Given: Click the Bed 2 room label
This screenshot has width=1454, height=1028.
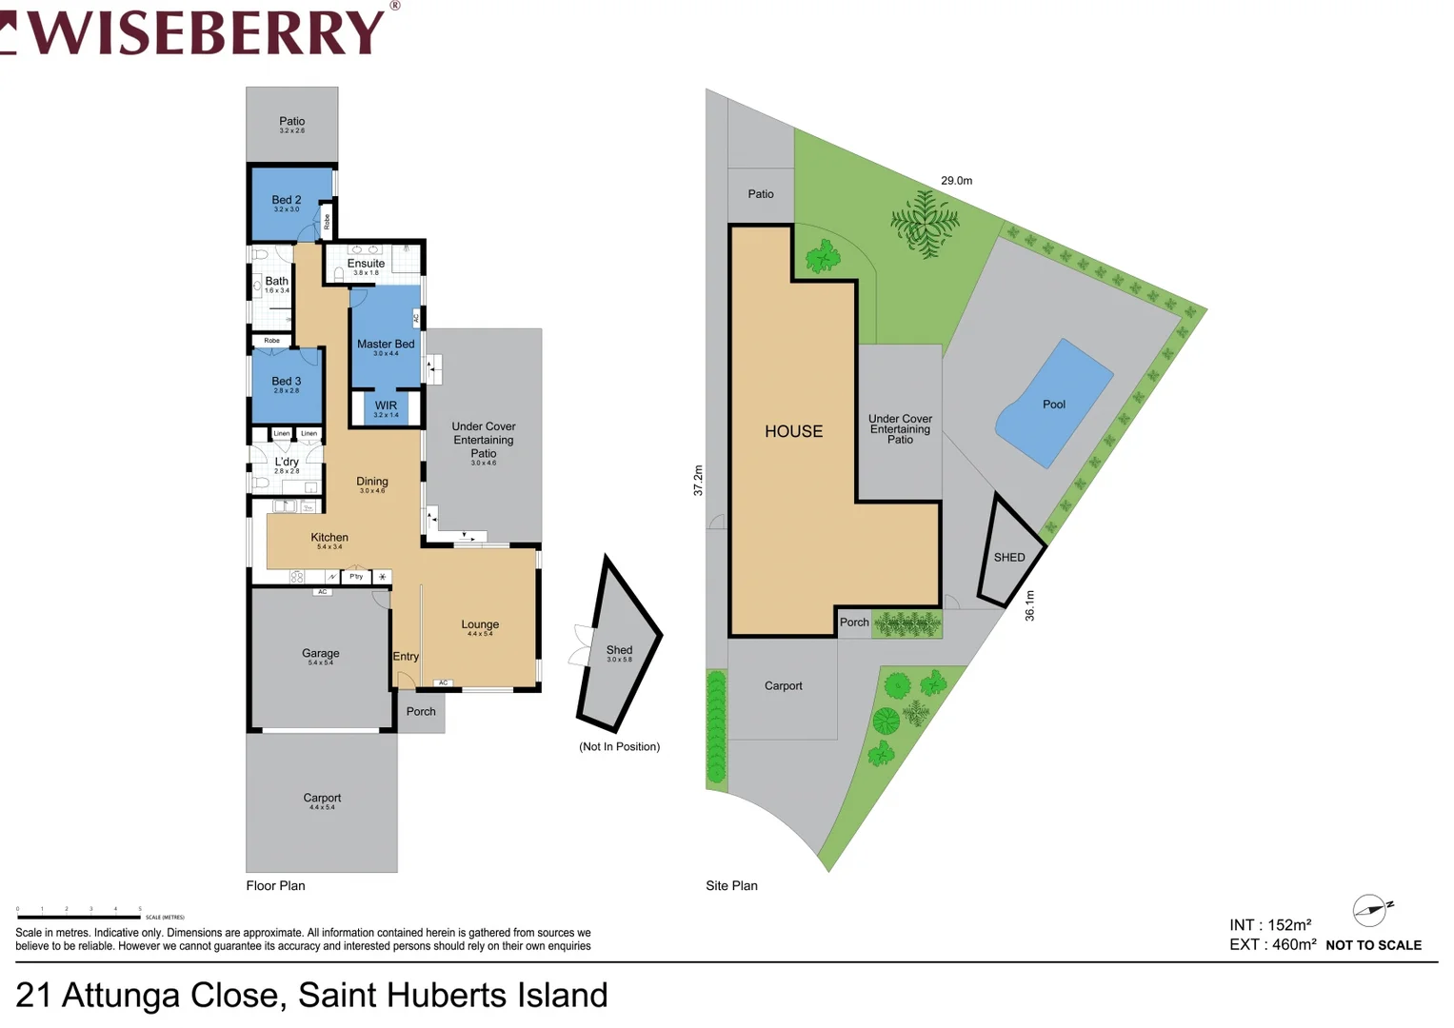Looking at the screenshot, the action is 286,200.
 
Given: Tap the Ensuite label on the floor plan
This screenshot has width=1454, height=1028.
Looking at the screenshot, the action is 366,264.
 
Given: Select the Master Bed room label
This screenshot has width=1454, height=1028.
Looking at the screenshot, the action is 386,344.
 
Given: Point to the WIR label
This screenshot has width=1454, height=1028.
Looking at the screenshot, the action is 386,405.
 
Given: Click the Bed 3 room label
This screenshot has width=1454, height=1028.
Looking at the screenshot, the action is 286,381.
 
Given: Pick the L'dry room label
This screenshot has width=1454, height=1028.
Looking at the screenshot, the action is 287,462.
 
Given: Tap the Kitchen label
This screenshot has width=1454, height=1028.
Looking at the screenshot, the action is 329,538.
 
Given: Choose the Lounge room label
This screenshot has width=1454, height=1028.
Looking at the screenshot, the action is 480,624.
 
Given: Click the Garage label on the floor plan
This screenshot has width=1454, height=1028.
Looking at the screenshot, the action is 321,653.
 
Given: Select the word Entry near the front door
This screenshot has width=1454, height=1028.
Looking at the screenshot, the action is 406,657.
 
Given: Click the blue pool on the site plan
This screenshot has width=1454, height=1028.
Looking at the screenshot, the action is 1053,405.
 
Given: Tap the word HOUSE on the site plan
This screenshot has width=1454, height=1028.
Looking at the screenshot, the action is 793,431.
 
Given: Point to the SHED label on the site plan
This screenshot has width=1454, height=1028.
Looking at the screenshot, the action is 1009,558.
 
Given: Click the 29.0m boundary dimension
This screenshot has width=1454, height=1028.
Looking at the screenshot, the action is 957,181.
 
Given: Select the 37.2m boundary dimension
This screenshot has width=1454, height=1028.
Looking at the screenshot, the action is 698,480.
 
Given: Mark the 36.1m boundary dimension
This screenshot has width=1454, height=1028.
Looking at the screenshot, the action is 1029,605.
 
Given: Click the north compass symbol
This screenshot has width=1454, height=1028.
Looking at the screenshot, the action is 1371,910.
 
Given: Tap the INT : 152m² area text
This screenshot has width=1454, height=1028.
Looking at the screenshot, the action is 1270,925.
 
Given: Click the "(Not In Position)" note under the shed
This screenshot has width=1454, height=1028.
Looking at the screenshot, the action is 619,746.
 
